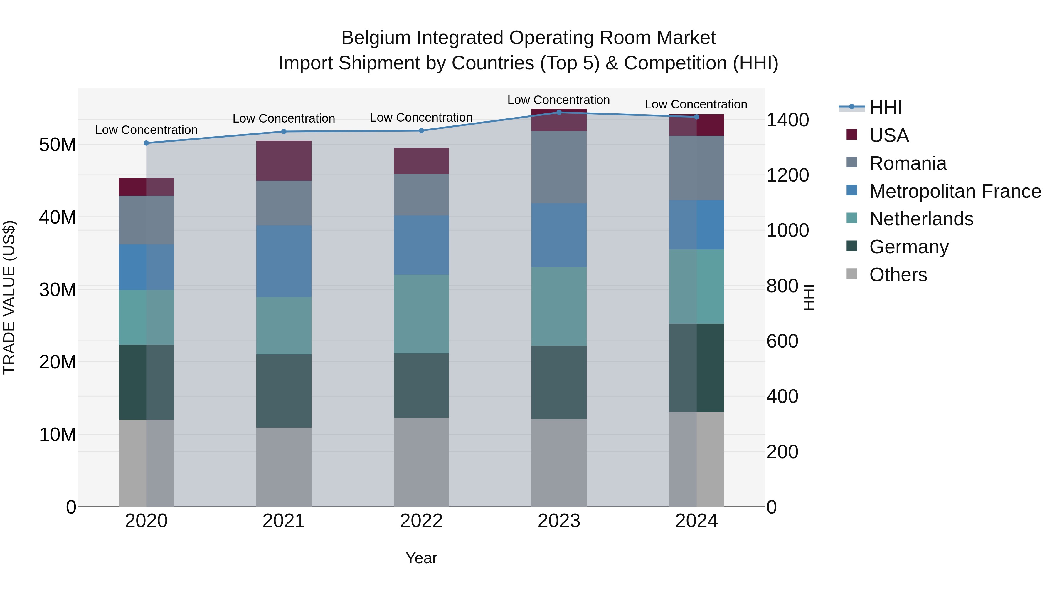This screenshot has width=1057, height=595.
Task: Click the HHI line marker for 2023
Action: (558, 112)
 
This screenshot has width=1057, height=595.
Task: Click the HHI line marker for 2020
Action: (146, 143)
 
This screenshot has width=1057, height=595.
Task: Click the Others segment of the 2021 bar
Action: (284, 467)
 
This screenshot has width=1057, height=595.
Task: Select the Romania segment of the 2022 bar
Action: (421, 194)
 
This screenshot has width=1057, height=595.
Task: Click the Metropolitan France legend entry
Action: (955, 191)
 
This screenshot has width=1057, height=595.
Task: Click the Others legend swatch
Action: (851, 274)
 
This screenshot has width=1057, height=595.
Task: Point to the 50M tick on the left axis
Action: (58, 145)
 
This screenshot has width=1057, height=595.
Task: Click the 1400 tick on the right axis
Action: (787, 120)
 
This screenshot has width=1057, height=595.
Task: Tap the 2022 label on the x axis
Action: (421, 521)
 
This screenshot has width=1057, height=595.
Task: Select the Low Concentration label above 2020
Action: (146, 130)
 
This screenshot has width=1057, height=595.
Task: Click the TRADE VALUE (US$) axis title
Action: (9, 297)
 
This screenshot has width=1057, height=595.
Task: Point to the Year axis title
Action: (421, 558)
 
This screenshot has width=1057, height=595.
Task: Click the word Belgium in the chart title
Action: (376, 38)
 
